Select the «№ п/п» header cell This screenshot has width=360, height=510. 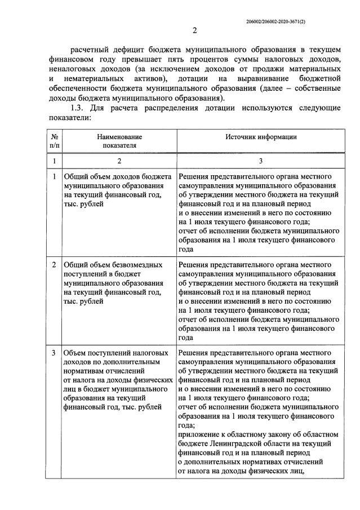coord(55,141)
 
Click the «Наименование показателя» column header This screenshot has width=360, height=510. coord(119,141)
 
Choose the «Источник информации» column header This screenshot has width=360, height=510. coord(261,137)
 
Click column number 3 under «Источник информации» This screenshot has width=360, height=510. coord(261,161)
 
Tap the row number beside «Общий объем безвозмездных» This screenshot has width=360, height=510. coord(54,264)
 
